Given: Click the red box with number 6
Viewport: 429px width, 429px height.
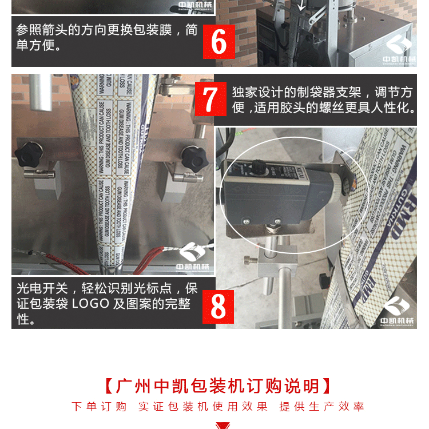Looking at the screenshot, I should coord(219,41).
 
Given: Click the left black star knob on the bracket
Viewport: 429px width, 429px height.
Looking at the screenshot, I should coord(27,154).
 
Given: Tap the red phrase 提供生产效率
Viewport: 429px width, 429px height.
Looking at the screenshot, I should coord(321,407).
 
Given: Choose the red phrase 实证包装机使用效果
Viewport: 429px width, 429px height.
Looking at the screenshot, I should coord(202,407).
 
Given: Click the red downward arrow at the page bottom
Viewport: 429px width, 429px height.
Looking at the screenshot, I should coord(222,425).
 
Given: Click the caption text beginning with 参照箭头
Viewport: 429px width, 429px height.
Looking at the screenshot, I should coord(106,37).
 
